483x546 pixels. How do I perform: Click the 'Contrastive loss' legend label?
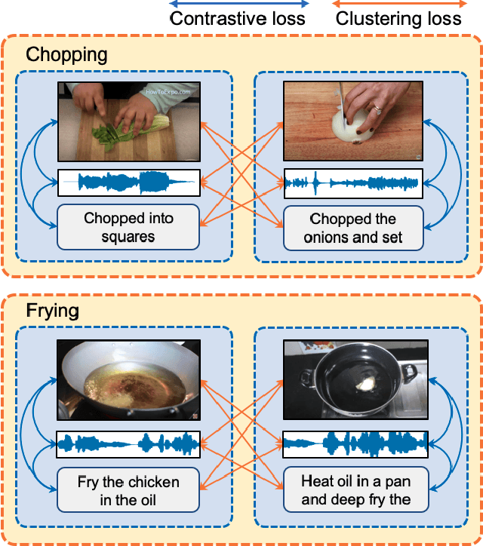[237, 18]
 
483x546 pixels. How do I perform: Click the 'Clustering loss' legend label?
[398, 18]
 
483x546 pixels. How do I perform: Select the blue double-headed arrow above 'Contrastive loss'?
[238, 4]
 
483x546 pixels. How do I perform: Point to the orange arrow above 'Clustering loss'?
[399, 4]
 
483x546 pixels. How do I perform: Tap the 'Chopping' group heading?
[66, 55]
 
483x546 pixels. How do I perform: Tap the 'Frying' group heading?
[52, 311]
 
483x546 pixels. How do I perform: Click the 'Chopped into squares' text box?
[128, 227]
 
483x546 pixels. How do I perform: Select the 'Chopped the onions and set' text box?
[353, 228]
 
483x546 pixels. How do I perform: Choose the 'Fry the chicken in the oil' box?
[128, 490]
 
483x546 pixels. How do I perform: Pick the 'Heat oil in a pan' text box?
[355, 489]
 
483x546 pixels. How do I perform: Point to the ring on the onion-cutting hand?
[378, 110]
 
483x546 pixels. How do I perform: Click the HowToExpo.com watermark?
[168, 92]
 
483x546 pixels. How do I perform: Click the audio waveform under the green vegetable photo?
[129, 183]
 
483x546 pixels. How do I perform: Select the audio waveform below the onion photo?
[353, 183]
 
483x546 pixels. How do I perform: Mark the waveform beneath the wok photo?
[128, 444]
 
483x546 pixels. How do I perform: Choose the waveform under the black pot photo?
[355, 444]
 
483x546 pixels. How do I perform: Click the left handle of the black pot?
[306, 379]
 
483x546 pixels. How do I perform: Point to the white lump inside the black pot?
[365, 383]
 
